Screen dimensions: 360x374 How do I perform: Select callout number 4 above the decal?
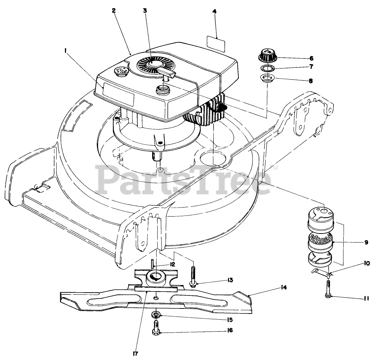pyautogui.click(x=215, y=11)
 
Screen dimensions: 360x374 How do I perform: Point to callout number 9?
pyautogui.click(x=366, y=243)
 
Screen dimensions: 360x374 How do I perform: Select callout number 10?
pyautogui.click(x=367, y=263)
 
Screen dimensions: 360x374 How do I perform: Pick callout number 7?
pyautogui.click(x=311, y=67)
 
